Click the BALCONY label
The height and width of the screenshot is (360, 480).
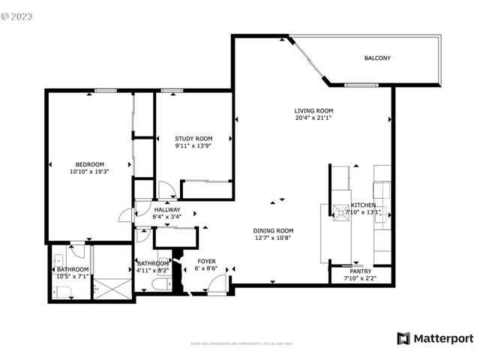point(376,58)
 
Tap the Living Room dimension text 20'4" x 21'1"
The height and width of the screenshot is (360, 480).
point(313,118)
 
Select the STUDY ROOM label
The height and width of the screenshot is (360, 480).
point(193,139)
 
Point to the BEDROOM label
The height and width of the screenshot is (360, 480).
point(89,164)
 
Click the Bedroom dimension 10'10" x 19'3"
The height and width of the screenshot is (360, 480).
point(89,172)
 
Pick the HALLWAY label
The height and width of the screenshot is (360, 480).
point(166,210)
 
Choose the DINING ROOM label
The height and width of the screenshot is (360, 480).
point(273,230)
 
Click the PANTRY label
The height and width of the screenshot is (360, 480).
point(361,271)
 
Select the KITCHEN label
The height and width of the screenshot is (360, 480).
point(364,205)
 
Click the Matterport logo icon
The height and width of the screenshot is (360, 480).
point(404,338)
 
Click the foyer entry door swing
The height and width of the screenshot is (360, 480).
point(217,284)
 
